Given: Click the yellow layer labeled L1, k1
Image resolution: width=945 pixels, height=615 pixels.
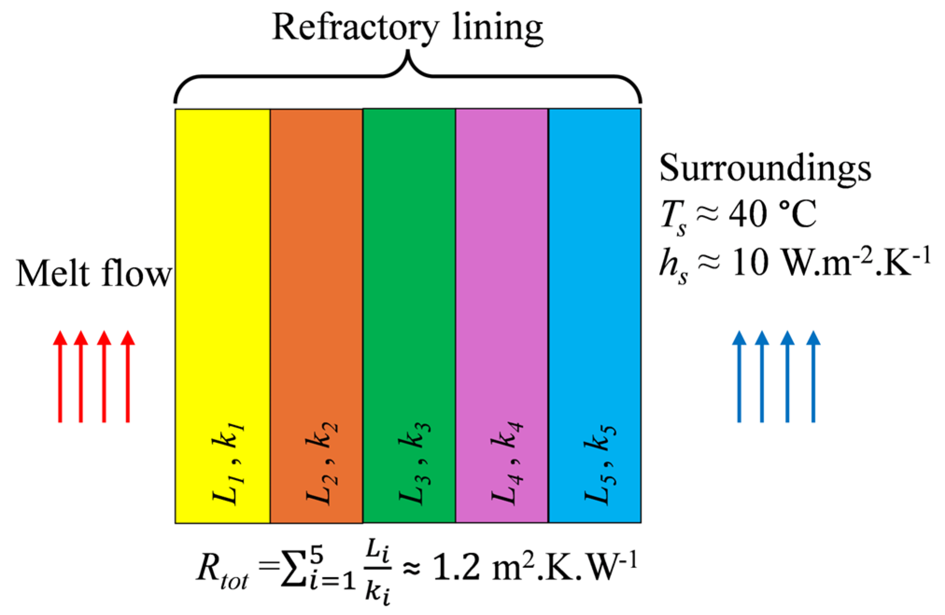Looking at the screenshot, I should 223,280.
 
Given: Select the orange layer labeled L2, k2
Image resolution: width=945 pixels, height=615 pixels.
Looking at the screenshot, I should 316,280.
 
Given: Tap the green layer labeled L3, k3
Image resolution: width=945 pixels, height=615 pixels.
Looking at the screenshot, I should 409,280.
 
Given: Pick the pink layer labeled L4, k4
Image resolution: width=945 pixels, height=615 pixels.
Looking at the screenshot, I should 502,280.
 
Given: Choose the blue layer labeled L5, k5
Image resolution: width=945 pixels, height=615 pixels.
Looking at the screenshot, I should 595,280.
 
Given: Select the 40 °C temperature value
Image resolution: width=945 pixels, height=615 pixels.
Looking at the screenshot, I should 772,214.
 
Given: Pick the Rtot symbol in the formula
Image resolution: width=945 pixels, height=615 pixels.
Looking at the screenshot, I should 222,570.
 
